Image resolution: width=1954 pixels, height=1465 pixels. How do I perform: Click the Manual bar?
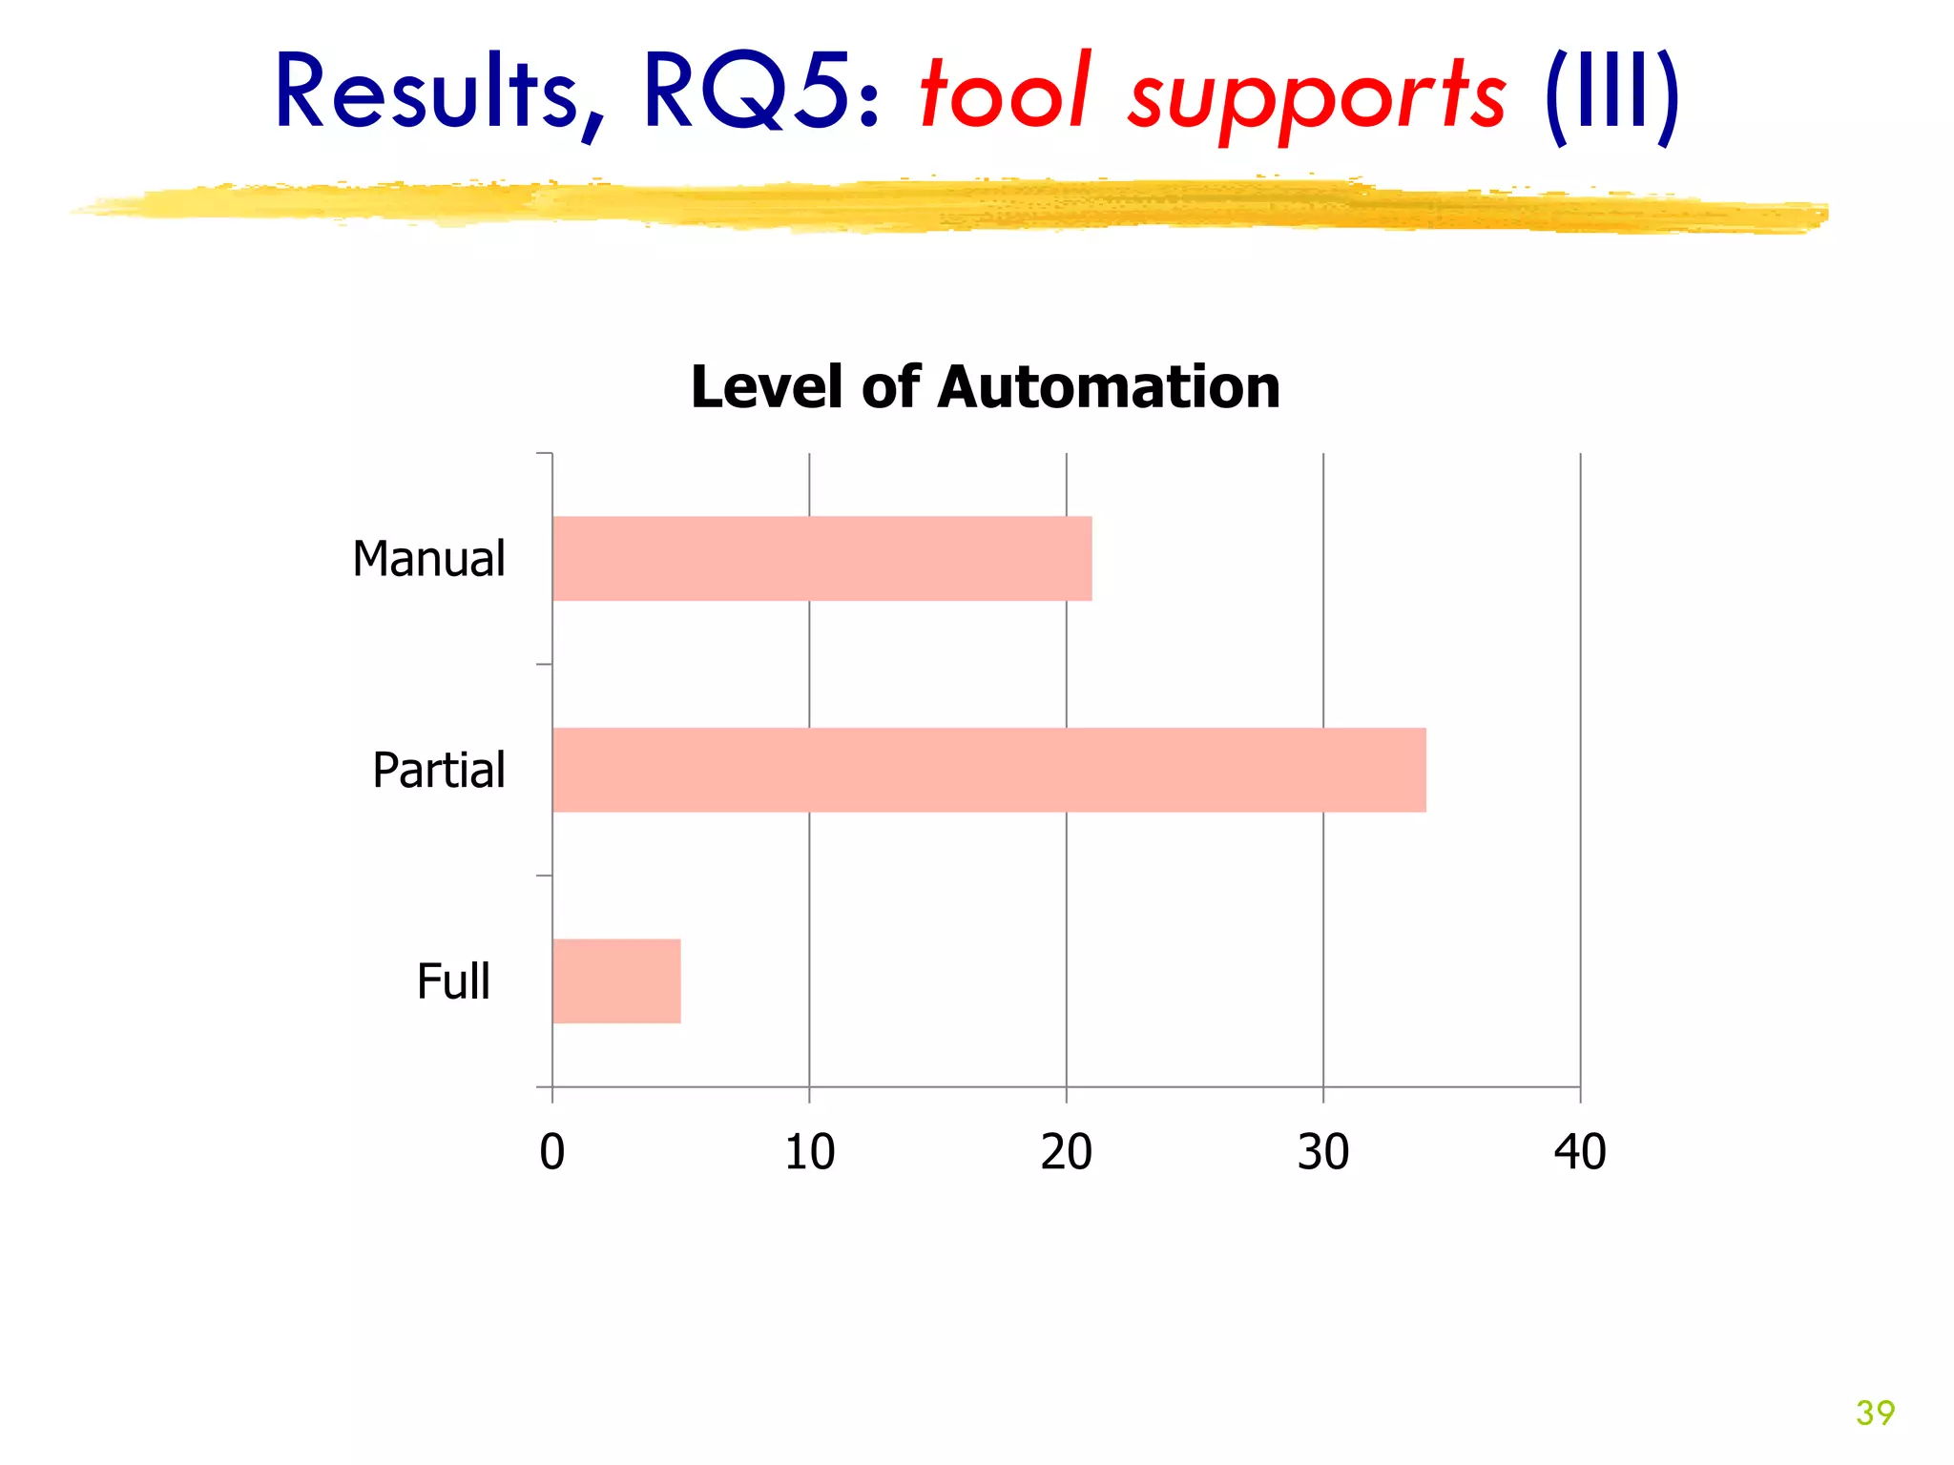point(821,559)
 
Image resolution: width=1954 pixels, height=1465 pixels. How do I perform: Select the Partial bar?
point(988,770)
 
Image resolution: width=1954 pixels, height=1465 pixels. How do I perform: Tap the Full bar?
point(616,981)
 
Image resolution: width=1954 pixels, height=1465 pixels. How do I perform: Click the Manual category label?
point(428,559)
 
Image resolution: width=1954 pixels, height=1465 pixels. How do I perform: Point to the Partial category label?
point(438,771)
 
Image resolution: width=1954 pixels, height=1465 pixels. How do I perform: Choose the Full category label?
point(453,981)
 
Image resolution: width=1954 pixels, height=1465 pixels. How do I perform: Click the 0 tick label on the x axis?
point(552,1152)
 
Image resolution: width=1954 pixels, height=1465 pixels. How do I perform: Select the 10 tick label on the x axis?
point(809,1152)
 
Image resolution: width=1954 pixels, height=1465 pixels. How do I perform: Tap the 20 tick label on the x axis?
point(1066,1152)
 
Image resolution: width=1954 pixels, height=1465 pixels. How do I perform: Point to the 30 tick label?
point(1323,1152)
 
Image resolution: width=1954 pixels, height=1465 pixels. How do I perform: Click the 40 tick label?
point(1580,1152)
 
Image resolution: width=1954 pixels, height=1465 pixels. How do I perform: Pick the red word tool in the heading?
point(1005,93)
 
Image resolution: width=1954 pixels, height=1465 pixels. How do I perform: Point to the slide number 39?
point(1875,1413)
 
